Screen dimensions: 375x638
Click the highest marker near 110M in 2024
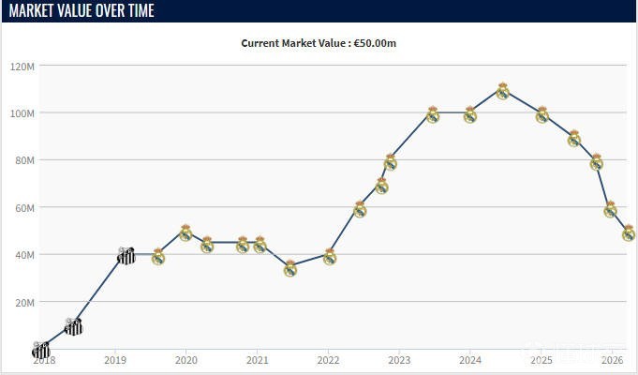coord(502,91)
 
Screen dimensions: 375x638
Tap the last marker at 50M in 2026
coord(629,232)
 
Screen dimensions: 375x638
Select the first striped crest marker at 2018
coord(40,350)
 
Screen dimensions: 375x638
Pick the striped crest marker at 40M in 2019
coord(126,256)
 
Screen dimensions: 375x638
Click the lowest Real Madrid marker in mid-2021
coord(290,269)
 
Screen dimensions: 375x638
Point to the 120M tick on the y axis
coord(22,67)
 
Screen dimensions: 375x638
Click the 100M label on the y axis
coord(22,113)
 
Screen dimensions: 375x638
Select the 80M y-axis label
coord(24,160)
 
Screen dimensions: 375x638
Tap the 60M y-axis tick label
coord(24,207)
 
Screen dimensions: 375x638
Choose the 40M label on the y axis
coord(24,255)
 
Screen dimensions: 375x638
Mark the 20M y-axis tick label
coord(24,302)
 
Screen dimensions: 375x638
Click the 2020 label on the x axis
coord(185,360)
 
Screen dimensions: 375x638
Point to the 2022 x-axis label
coord(328,360)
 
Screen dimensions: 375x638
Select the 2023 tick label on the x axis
coord(399,360)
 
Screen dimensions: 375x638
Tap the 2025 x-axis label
coord(541,360)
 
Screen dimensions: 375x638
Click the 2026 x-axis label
coord(612,360)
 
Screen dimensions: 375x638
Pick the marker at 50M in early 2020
coord(185,232)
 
